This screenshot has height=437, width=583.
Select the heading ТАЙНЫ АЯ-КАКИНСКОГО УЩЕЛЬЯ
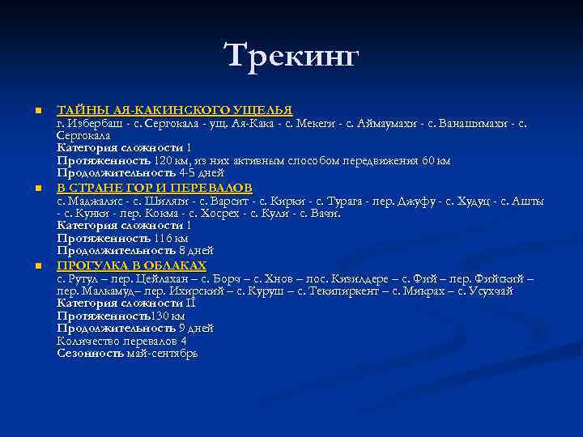174,109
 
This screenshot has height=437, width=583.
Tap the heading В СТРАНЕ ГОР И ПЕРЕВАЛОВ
155,188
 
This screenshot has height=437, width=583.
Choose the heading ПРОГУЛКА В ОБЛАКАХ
132,266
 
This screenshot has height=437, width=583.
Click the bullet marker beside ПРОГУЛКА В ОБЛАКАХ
37,266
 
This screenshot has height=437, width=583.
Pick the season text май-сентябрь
162,354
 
